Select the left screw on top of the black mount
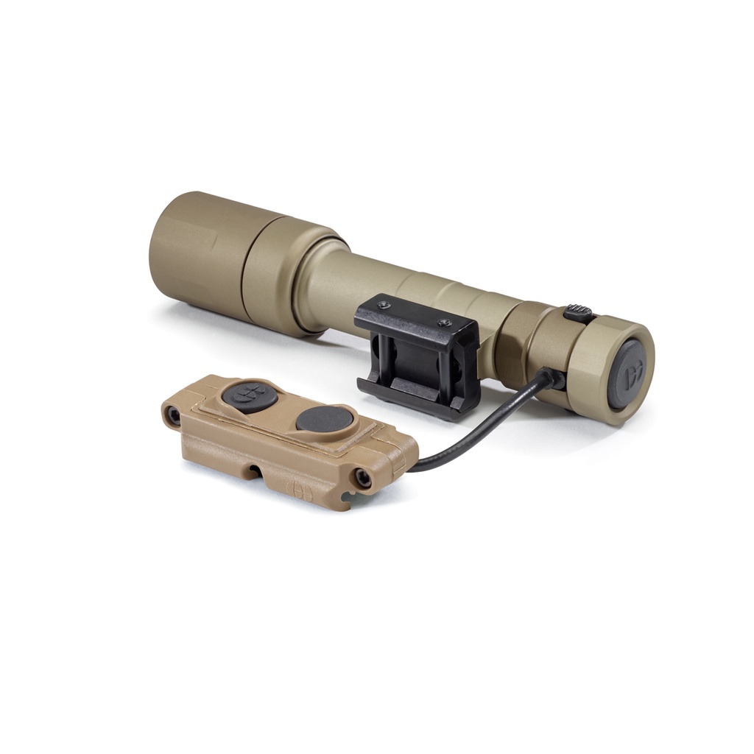point(383,306)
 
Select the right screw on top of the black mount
point(443,322)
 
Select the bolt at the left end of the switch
point(173,417)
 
